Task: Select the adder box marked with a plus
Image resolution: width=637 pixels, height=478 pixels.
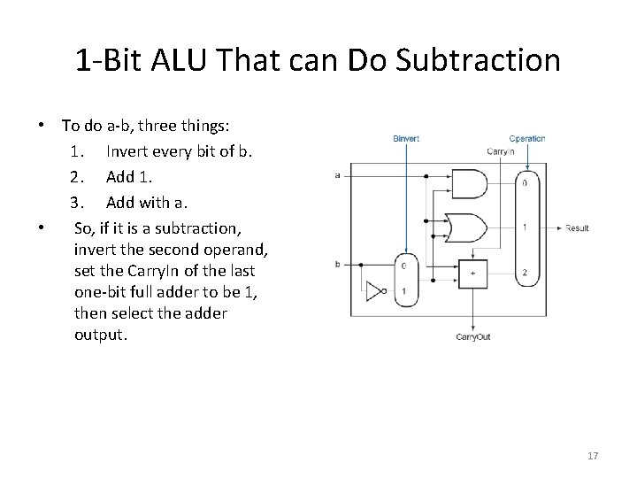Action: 472,273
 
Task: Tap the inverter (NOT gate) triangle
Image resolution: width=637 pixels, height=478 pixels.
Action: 377,289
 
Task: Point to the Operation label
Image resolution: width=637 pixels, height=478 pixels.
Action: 527,138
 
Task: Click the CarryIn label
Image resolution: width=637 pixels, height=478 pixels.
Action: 500,150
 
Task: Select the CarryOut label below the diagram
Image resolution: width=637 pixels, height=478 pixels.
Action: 473,337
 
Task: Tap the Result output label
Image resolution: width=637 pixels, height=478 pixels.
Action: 577,228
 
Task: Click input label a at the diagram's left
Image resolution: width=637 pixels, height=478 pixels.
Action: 337,175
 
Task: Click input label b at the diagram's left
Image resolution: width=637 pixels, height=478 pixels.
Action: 337,264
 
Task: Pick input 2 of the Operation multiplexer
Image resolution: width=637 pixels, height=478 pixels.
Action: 526,272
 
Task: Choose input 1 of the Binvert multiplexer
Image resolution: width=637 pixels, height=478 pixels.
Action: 403,290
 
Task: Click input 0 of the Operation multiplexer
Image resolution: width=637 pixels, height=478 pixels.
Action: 526,184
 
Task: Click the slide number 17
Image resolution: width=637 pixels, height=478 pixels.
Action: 593,456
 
